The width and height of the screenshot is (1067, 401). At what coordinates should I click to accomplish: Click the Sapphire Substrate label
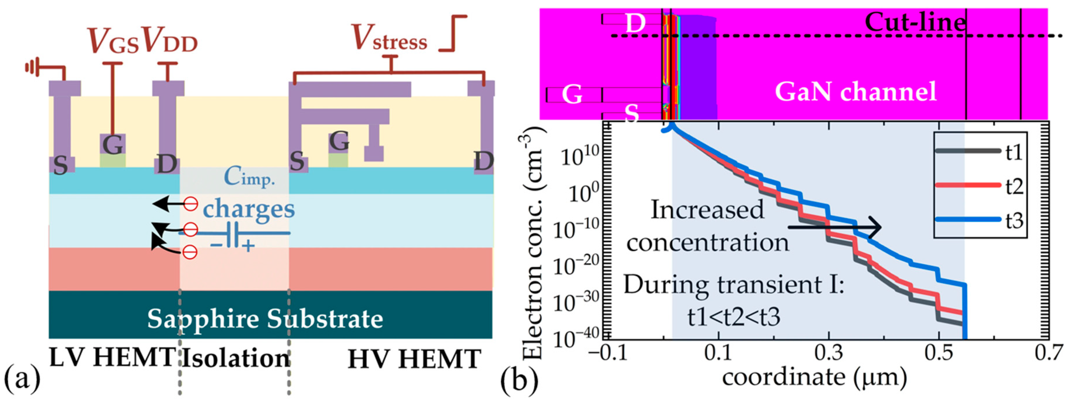point(265,319)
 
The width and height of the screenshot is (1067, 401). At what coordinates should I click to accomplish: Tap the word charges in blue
point(248,209)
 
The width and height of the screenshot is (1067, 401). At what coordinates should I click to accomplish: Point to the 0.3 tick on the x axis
point(828,353)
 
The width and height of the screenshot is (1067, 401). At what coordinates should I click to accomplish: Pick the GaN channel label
point(855,92)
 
